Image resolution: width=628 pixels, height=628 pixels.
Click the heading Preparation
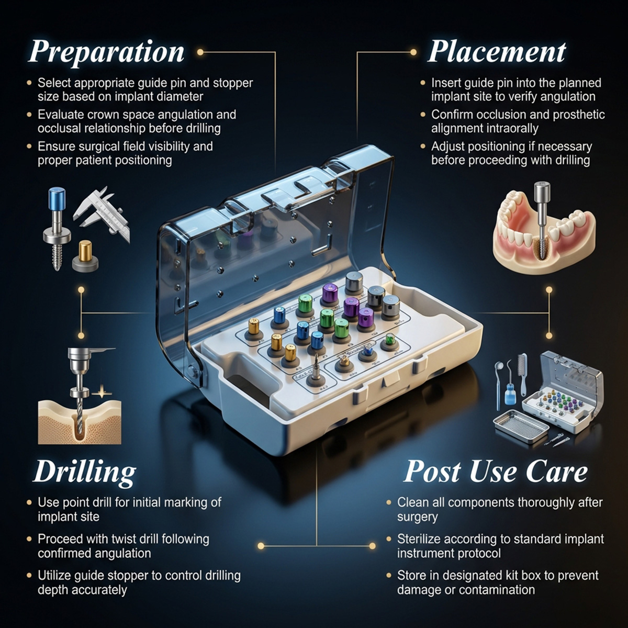[106, 52]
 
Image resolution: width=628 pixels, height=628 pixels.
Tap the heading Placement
[497, 52]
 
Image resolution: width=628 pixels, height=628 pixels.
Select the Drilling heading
[85, 472]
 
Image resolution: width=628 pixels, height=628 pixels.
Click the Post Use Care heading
[496, 471]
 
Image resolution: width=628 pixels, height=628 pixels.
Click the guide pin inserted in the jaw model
[540, 215]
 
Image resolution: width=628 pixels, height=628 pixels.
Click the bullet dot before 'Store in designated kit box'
[389, 576]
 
